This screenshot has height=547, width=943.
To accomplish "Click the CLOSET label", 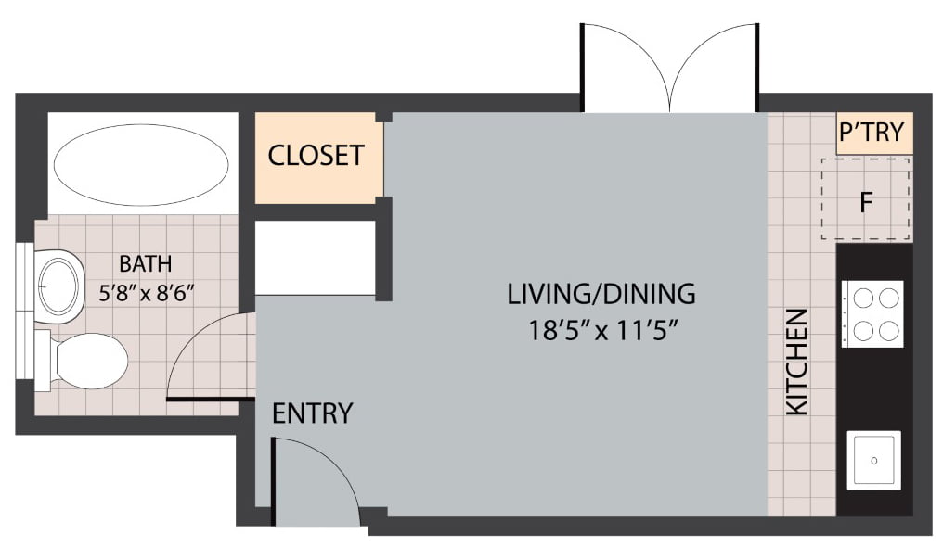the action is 316,156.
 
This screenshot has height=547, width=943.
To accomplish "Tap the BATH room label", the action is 146,263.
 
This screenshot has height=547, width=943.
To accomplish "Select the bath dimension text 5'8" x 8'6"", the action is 147,293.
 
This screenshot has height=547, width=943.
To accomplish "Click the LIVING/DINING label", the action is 601,294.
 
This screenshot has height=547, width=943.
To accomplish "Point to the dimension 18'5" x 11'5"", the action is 603,330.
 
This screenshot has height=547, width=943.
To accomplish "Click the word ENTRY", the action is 312,413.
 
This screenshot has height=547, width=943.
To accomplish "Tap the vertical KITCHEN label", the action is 797,362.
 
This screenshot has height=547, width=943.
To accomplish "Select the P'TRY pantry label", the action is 872,132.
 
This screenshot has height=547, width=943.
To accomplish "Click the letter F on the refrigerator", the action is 866,202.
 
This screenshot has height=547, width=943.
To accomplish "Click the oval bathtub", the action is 141,164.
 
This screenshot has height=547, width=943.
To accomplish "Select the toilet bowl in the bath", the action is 90,362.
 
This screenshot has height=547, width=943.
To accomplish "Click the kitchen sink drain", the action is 873,461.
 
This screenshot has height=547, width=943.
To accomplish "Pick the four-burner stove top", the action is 872,314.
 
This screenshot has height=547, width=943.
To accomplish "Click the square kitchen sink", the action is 873,461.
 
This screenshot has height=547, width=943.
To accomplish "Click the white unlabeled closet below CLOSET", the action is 316,258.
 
